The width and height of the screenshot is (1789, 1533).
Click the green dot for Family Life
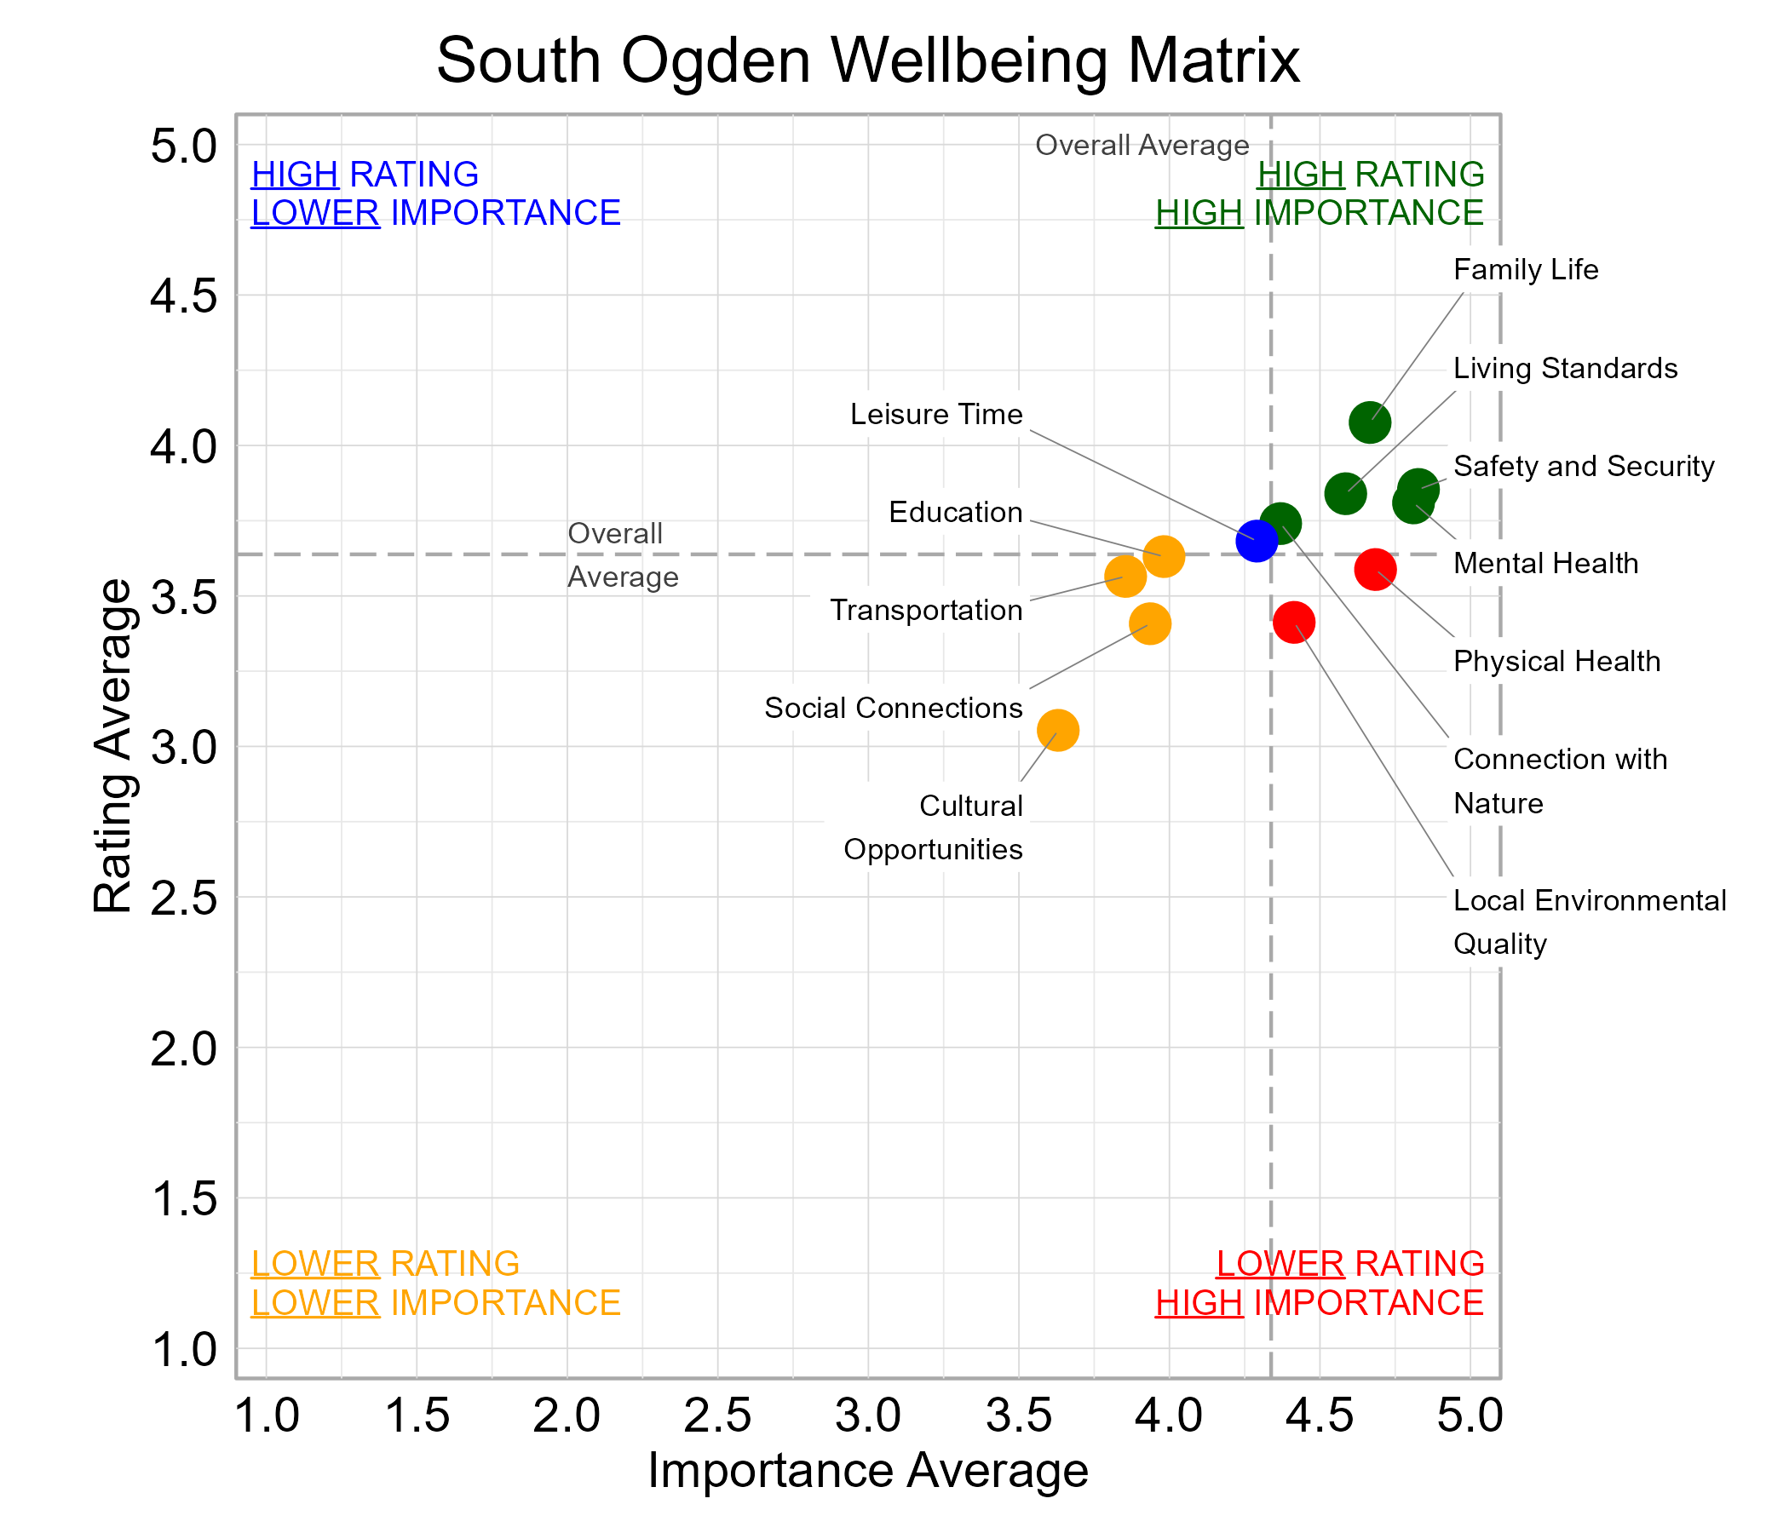click(x=1369, y=422)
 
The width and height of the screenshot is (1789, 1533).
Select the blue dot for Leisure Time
click(x=1257, y=541)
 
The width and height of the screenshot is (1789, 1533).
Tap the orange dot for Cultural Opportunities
click(x=1058, y=730)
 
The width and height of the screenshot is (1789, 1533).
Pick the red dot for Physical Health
click(x=1376, y=569)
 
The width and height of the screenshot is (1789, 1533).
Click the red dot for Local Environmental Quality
click(x=1293, y=622)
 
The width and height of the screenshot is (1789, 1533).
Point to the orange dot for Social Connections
click(x=1149, y=623)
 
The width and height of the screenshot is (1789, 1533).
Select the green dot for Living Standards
click(x=1345, y=493)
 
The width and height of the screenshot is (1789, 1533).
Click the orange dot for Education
click(x=1163, y=556)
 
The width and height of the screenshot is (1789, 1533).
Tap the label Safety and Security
click(x=1583, y=466)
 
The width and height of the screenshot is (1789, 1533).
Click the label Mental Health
click(x=1545, y=564)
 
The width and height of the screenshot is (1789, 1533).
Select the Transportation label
click(x=925, y=611)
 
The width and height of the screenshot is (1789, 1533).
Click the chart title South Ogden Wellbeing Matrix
click(x=868, y=60)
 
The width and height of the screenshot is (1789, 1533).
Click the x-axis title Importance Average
click(x=868, y=1470)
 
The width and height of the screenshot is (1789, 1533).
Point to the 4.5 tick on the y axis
click(x=184, y=296)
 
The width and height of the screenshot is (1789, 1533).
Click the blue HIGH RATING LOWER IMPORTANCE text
click(x=435, y=193)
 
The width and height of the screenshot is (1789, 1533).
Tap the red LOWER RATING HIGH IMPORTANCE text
click(x=1320, y=1283)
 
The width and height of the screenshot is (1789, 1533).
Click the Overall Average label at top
click(x=1142, y=145)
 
